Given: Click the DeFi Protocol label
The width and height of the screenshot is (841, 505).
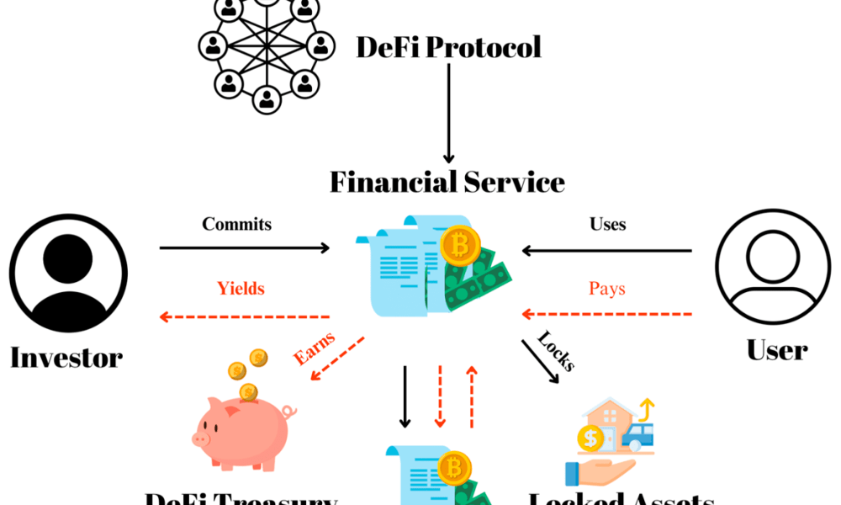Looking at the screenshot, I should coord(448,46).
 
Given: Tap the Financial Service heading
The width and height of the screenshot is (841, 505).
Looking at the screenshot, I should coord(447,181).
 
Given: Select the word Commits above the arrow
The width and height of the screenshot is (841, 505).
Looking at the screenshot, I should coord(236,224).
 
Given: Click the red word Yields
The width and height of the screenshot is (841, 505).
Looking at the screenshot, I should coord(241,289).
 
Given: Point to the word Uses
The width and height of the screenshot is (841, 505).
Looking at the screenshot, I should coord(607,224).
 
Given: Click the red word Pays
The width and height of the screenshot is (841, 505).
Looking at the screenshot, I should coord(607,289).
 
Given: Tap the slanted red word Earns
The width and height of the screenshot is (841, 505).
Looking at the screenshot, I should coord(314,348).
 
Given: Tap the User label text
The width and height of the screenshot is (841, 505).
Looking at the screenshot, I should coord(776,349).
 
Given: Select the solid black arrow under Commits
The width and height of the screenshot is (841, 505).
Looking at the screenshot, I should coord(244,248).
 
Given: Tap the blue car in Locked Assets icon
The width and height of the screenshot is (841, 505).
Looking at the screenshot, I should coord(637,433).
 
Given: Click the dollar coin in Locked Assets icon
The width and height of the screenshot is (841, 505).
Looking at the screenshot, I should coord(590,439).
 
